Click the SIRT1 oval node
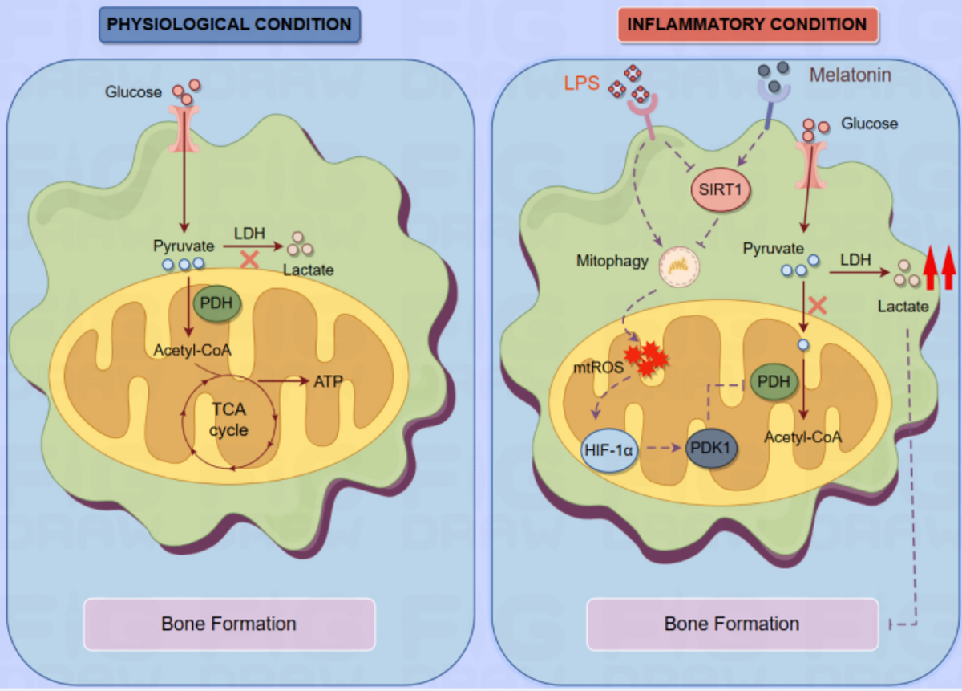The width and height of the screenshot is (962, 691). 721,189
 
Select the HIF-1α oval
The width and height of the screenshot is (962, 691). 609,450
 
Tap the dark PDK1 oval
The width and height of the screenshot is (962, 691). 711,448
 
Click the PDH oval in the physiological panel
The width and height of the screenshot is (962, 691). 217,303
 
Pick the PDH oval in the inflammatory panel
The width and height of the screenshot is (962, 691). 774,381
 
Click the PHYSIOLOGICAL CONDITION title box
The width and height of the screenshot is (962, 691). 230,25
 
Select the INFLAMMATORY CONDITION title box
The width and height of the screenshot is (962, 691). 748,25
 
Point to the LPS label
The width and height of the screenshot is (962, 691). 581,83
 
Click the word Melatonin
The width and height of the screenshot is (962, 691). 851,75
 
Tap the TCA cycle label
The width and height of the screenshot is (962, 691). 229,419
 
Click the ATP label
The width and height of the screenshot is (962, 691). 329,381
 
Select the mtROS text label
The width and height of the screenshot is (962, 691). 599,368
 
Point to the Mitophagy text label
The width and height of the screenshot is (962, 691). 612,261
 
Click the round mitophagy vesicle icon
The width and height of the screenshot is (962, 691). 679,267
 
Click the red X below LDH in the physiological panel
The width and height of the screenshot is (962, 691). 249,260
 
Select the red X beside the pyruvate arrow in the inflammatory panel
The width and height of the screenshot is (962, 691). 817,306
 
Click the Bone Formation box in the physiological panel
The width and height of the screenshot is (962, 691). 229,624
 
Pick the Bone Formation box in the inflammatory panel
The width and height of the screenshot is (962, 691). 732,624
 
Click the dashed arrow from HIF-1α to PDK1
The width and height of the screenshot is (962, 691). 664,448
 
